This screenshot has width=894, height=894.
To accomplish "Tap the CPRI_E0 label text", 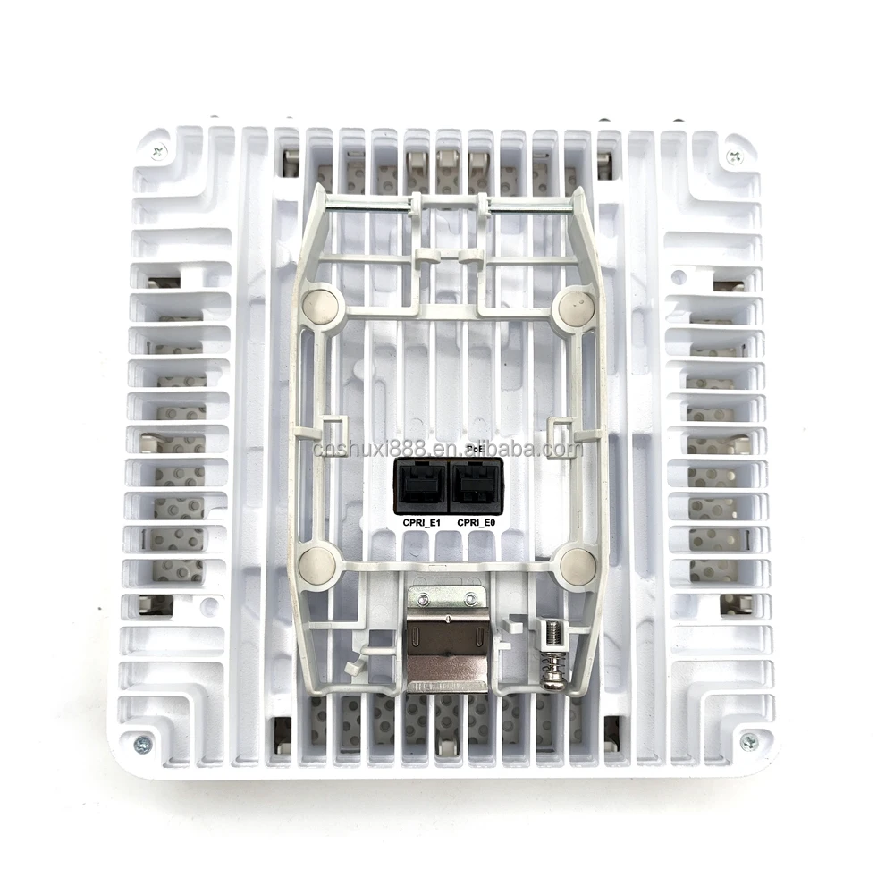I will [x=477, y=522].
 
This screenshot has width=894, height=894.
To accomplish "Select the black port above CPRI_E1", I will [x=421, y=486].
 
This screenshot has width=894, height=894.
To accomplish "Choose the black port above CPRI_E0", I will [x=477, y=486].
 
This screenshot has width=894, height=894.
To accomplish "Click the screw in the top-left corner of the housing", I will [x=159, y=152].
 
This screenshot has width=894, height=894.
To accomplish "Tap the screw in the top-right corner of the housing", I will [x=734, y=156].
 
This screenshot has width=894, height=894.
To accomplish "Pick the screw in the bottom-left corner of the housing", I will [x=141, y=742].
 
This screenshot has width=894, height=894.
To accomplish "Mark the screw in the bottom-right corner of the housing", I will [x=749, y=740].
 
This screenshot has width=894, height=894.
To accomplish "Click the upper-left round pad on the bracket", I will [x=320, y=307].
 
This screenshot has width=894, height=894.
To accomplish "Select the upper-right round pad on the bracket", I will [x=575, y=308].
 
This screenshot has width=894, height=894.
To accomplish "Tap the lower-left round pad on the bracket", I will [x=316, y=566].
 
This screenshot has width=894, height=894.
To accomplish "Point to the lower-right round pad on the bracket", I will [x=577, y=566].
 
